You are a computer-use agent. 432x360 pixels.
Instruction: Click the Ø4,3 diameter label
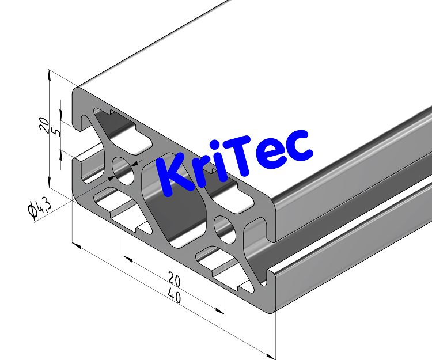click(x=40, y=208)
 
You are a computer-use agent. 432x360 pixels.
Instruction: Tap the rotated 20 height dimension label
click(x=43, y=125)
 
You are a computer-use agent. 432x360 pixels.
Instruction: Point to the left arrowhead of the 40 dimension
click(x=75, y=246)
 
